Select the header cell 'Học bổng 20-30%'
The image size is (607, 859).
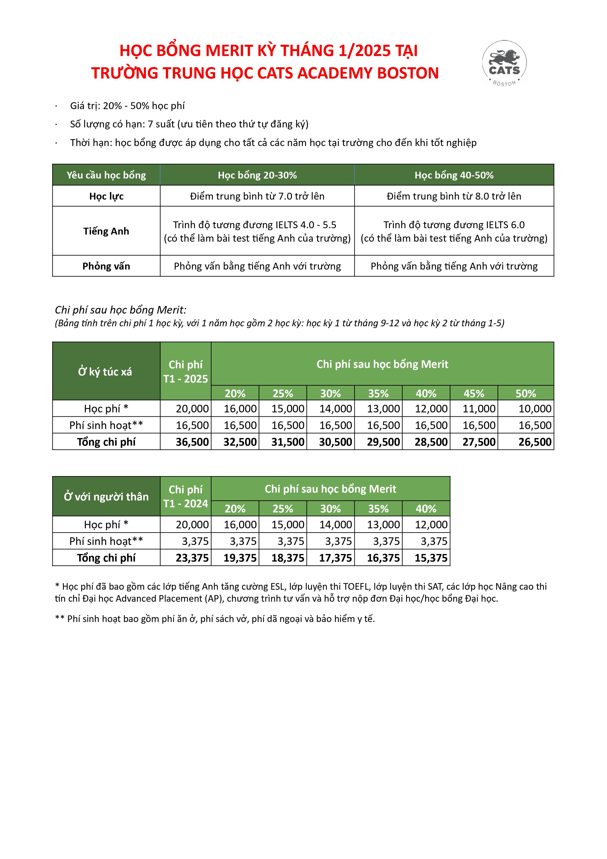tap(257, 175)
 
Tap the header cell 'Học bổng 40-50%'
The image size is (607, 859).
tap(454, 175)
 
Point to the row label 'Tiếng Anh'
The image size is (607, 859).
tap(106, 231)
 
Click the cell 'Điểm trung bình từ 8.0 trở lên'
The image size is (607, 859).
tap(454, 196)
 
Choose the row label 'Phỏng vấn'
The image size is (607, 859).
tap(106, 266)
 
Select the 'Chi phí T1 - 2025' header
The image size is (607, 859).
tap(186, 372)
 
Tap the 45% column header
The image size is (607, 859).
tap(474, 394)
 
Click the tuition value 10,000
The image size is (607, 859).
tap(535, 408)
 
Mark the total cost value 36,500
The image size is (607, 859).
tap(192, 442)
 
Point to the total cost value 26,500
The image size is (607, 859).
tap(535, 442)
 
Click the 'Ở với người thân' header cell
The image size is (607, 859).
tap(106, 497)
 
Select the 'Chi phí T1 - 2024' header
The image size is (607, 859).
tap(186, 497)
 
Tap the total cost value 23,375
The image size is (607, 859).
tap(192, 558)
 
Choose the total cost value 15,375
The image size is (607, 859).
tap(431, 558)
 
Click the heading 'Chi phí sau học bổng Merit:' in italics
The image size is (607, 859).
tap(121, 310)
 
